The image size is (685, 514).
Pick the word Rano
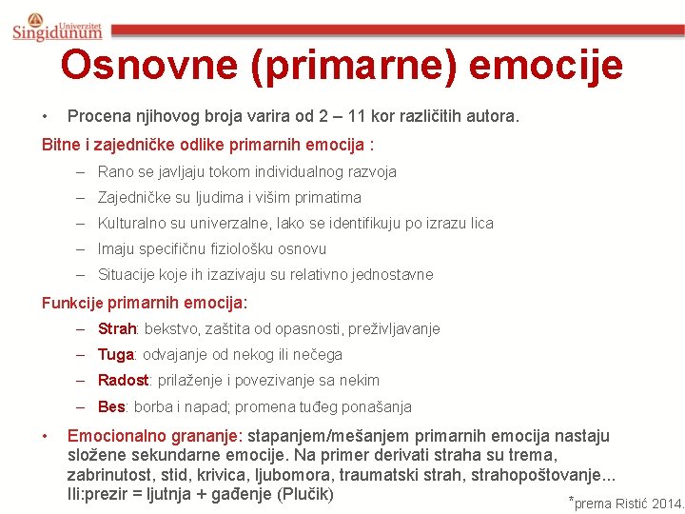pos(115,172)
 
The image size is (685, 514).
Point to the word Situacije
pos(128,275)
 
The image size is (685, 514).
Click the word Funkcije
pos(73,303)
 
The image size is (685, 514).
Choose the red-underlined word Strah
pos(118,329)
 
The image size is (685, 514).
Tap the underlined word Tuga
pos(115,355)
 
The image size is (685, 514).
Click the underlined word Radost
pos(123,381)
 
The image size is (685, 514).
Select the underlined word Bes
pos(111,407)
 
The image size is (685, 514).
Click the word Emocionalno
pos(126,437)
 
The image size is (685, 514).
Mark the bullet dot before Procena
pos(45,117)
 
